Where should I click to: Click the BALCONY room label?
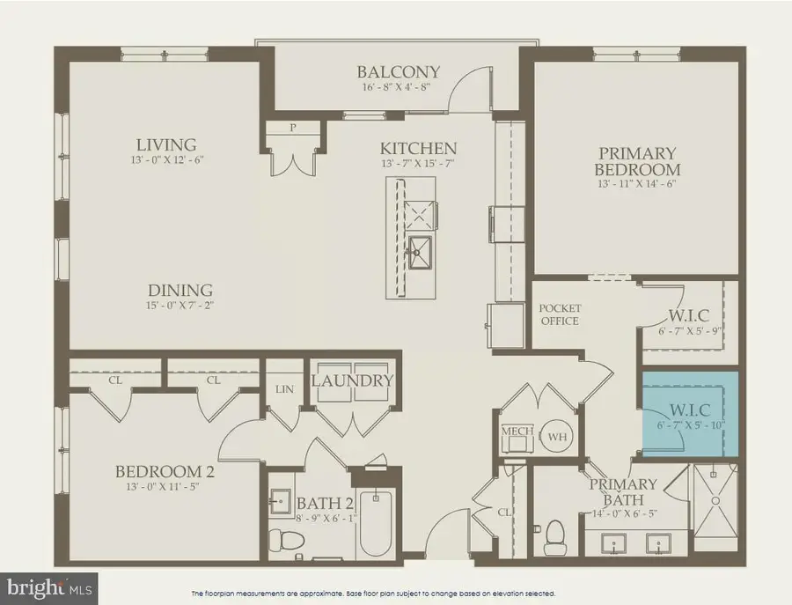tap(398, 72)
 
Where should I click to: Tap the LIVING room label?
tap(165, 144)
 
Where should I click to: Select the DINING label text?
tap(180, 290)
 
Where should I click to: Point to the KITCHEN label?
tap(418, 148)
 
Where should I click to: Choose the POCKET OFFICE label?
tap(560, 314)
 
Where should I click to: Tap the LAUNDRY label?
tap(352, 380)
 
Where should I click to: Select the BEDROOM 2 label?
tap(165, 471)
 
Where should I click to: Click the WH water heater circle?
tap(556, 435)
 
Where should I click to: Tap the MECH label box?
tap(514, 432)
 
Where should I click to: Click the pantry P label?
tap(293, 128)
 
